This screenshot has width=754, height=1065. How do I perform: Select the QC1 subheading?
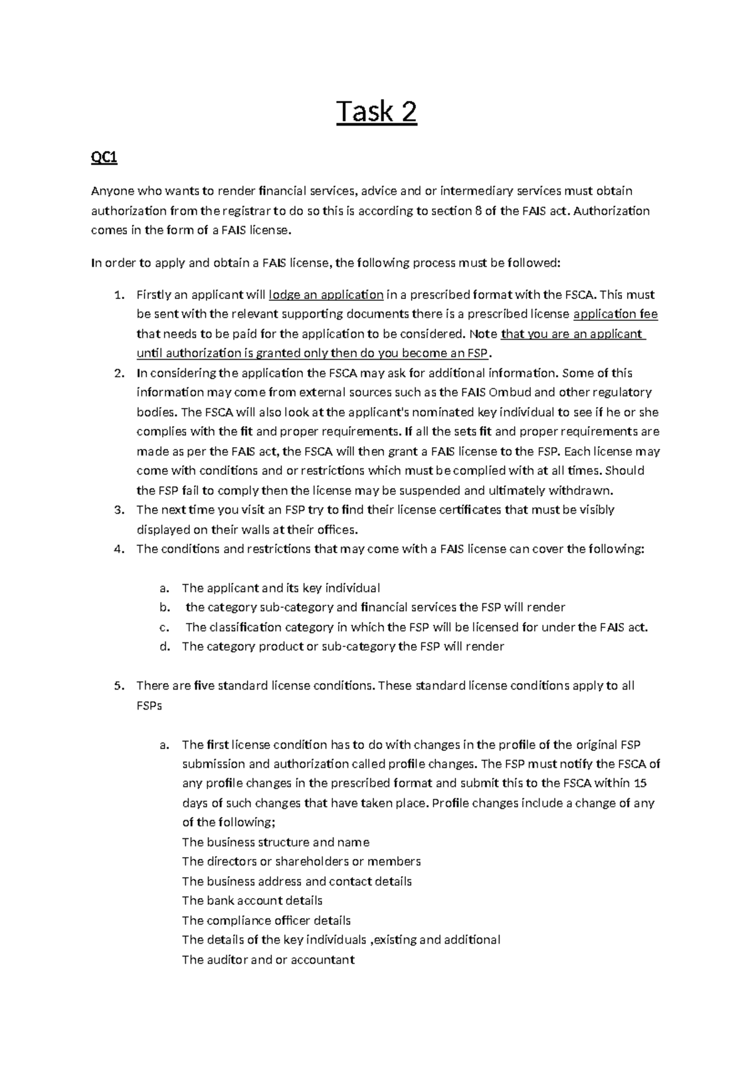[104, 158]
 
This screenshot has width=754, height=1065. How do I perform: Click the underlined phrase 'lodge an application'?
[326, 295]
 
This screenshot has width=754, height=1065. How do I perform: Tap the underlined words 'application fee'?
[616, 314]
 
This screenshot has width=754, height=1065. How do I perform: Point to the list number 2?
[119, 373]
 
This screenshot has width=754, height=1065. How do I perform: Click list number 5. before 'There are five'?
[119, 686]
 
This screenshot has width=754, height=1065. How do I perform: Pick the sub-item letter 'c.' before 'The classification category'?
[164, 627]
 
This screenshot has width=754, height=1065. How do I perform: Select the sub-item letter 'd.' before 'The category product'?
[165, 647]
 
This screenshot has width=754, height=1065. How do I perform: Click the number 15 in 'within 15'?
[640, 783]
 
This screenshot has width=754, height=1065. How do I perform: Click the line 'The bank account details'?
[252, 901]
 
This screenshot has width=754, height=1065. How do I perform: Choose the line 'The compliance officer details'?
[266, 921]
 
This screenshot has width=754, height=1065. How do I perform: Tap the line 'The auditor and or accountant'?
[268, 960]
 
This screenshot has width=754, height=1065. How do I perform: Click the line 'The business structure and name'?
[275, 842]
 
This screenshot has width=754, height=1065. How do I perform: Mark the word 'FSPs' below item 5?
[149, 705]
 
